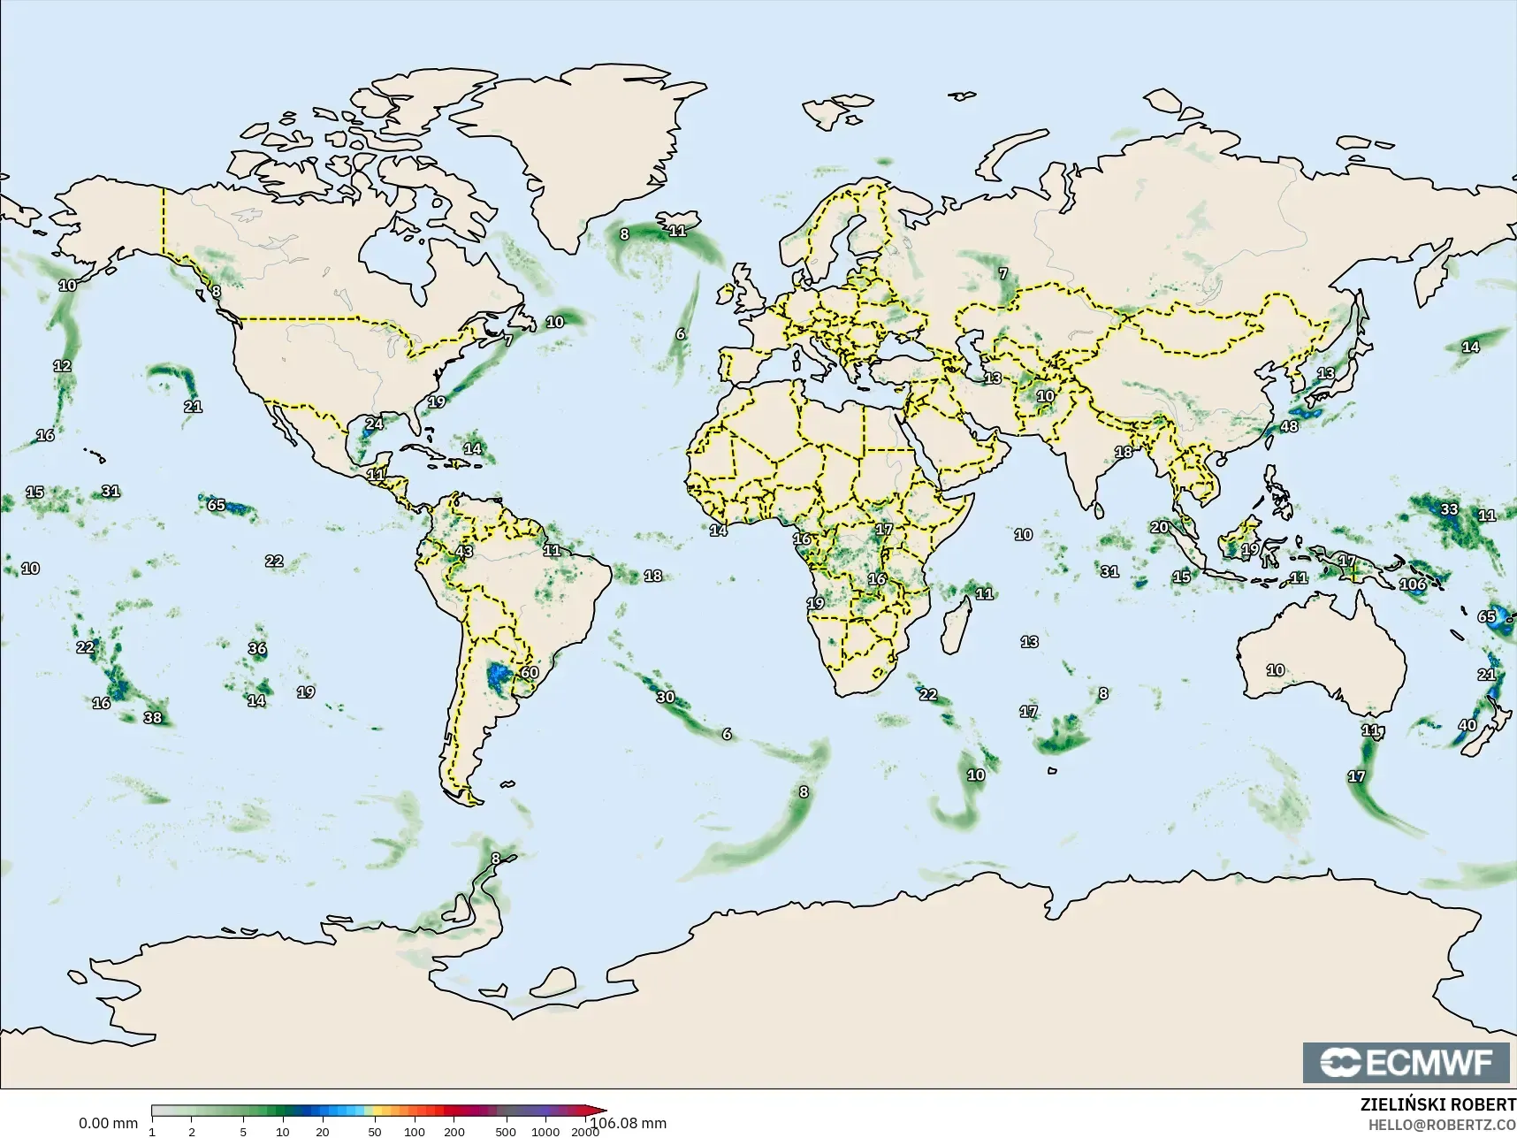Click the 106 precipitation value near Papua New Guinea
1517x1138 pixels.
point(1413,584)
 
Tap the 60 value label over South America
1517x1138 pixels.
point(530,672)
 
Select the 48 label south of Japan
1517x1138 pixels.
point(1290,426)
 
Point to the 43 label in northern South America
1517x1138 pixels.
point(464,551)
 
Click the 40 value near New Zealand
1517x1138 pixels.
point(1467,725)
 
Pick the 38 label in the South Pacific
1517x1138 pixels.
point(153,717)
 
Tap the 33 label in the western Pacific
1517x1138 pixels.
point(1449,509)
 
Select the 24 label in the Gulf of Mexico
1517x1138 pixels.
point(375,424)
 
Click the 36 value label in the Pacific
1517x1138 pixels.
point(257,648)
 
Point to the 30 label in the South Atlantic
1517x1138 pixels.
point(666,697)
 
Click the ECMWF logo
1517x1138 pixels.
point(1406,1062)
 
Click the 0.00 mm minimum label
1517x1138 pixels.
point(108,1123)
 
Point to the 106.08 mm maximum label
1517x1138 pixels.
point(629,1123)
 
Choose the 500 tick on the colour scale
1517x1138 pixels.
point(506,1131)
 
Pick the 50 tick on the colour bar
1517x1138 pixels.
point(375,1131)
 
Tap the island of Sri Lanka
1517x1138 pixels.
point(1099,510)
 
